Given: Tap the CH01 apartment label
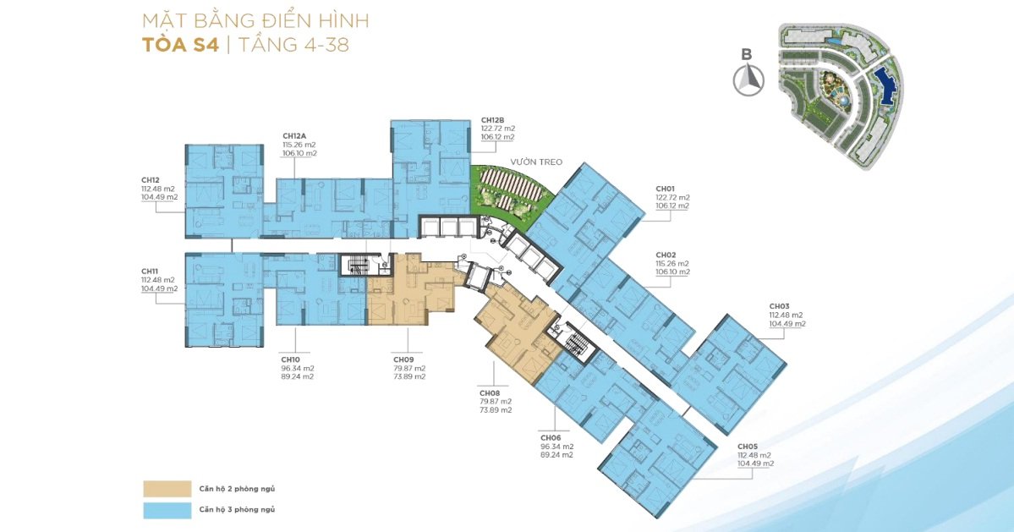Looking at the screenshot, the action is (666, 189).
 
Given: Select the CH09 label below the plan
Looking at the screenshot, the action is (403, 359).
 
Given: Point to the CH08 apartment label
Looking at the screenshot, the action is (490, 393).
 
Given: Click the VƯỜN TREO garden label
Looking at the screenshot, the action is (536, 162).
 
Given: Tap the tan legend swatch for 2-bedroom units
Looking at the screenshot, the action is (167, 489).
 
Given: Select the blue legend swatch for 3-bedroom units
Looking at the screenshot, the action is (167, 510).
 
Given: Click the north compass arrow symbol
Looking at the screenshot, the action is (748, 81).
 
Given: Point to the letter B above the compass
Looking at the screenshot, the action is (747, 55).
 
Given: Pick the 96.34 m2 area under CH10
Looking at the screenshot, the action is (298, 368).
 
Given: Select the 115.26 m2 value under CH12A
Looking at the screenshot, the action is (299, 145).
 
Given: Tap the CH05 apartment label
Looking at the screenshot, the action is (748, 447).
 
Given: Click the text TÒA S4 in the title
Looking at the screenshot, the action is (180, 45).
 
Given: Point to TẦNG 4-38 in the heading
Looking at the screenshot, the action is (293, 45).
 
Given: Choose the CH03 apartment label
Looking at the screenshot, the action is (779, 306).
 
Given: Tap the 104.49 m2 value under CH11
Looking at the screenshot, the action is (159, 289).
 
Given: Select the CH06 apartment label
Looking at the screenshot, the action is (551, 437).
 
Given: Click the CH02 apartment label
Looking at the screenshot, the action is (666, 255).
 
